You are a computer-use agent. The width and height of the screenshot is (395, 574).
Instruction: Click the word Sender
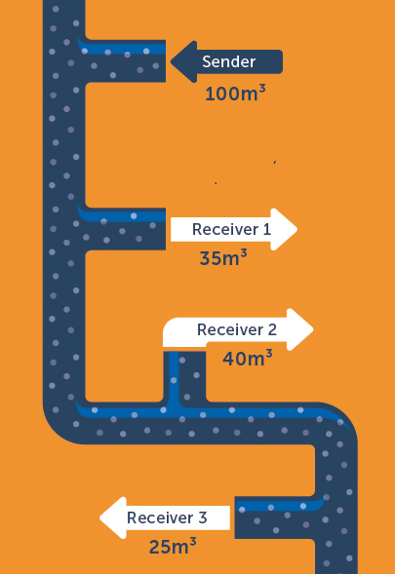[228, 61]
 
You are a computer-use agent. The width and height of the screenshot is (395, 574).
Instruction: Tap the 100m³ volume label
[235, 93]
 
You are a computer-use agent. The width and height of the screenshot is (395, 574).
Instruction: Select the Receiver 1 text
[231, 230]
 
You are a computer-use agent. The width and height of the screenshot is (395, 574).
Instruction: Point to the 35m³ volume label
[223, 257]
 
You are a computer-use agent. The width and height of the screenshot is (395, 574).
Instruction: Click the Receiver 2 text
[237, 329]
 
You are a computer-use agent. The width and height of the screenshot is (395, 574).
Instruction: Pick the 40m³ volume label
[248, 358]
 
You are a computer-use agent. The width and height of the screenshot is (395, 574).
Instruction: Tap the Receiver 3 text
[167, 517]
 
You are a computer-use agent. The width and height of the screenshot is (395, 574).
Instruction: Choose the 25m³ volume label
[173, 546]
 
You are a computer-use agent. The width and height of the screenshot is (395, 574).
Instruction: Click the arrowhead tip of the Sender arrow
[171, 61]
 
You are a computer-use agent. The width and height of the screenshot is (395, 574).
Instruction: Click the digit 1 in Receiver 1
[267, 230]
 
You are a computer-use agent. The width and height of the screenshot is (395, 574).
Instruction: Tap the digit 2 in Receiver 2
[272, 329]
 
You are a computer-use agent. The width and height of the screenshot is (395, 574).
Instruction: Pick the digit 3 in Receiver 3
[203, 517]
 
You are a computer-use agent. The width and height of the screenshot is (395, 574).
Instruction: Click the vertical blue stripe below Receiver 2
[174, 377]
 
